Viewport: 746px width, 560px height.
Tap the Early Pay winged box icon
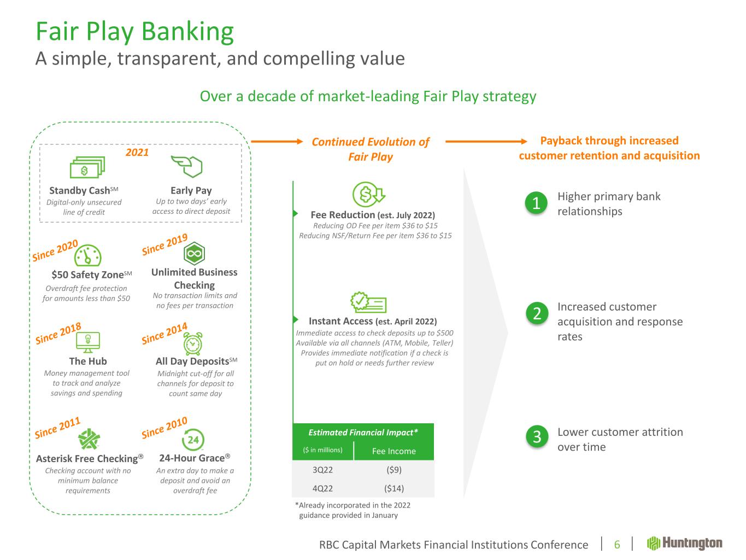[x=187, y=166]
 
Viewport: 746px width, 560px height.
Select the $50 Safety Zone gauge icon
[x=87, y=255]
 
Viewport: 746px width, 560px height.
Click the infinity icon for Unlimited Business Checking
[x=195, y=253]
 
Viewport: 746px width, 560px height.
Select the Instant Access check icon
[x=368, y=302]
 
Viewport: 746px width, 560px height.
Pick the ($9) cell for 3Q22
[x=393, y=470]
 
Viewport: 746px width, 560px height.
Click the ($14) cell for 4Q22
[x=393, y=488]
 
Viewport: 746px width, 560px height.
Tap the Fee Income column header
[x=393, y=451]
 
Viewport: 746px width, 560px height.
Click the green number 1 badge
[x=536, y=203]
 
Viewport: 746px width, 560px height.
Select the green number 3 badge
[x=536, y=436]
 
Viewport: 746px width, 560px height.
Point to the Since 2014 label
[x=165, y=334]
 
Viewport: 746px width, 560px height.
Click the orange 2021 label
[x=137, y=153]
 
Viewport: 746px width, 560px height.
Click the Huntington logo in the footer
[x=685, y=543]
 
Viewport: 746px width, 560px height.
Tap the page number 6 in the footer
[x=617, y=545]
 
